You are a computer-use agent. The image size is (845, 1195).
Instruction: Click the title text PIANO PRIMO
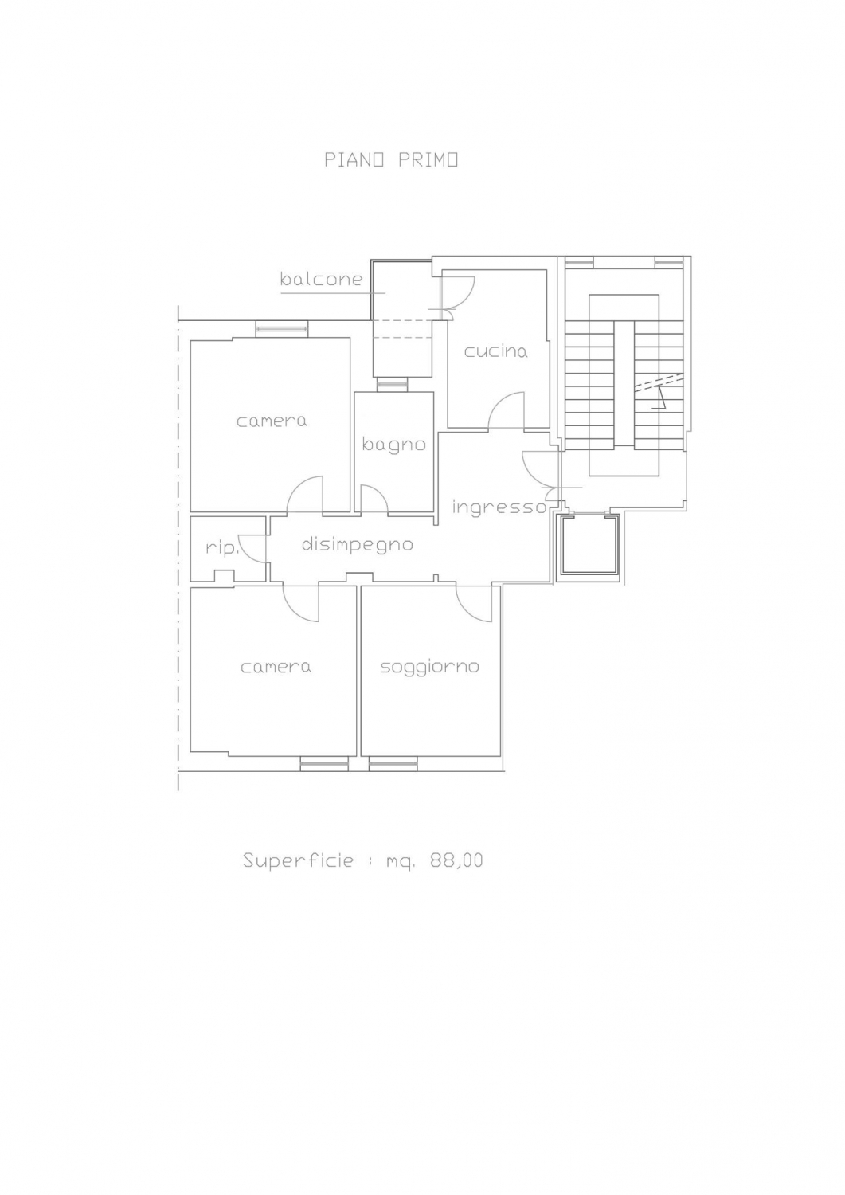pos(391,160)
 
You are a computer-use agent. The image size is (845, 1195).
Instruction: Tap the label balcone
pos(321,279)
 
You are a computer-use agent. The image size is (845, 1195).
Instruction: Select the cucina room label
pos(495,351)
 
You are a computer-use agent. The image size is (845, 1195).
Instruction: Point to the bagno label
pos(393,445)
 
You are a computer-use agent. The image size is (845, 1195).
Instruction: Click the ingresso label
pos(499,507)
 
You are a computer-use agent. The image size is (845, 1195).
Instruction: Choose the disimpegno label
pos(357,545)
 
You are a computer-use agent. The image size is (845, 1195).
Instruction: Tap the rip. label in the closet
pos(221,548)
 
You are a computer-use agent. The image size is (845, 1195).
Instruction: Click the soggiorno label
pos(429,668)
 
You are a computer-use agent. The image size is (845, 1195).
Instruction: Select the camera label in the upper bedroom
pos(272,421)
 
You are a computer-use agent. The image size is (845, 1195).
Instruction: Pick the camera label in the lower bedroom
pos(276,667)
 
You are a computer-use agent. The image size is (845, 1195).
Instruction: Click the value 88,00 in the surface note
pos(456,860)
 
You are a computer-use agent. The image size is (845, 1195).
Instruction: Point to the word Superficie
pos(298,860)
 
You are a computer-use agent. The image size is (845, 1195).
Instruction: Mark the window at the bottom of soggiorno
pos(393,765)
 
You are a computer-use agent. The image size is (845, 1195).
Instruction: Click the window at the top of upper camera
pos(282,328)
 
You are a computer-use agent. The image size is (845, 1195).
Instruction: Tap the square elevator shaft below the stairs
pos(589,547)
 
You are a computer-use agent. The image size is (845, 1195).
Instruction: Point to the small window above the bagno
pos(392,383)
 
